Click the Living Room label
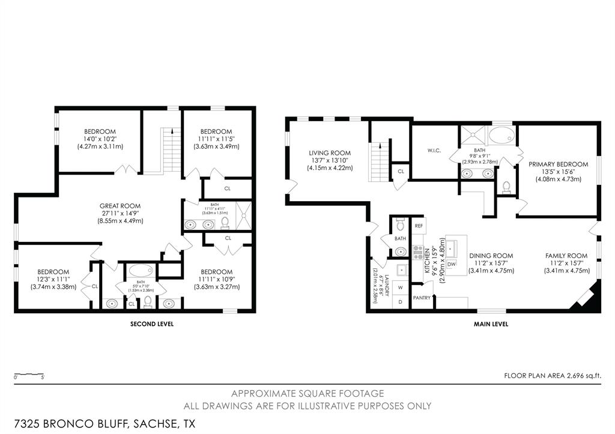[330, 153]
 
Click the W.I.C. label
[435, 150]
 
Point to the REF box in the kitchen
[419, 226]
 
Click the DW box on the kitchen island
[451, 264]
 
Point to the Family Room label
[566, 256]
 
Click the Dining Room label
[491, 256]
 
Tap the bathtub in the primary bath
[501, 135]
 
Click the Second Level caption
[152, 324]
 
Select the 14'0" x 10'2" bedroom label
[100, 132]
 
